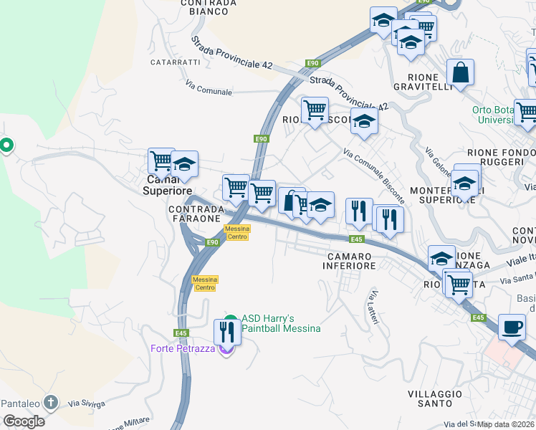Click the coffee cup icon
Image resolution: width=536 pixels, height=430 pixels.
[511, 326]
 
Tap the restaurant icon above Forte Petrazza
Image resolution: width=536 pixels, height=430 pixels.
[226, 331]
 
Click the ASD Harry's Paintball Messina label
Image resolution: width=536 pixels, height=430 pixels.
[280, 323]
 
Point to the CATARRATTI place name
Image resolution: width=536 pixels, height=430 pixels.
[175, 62]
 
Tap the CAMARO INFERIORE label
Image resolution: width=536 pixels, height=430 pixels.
[351, 261]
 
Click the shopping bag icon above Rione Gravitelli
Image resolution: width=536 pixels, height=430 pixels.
[460, 72]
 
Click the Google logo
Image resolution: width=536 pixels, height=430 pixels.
[24, 421]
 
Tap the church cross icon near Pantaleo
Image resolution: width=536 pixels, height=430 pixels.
[50, 402]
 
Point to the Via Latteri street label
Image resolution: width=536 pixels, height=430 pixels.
[373, 307]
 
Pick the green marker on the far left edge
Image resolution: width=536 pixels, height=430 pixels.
[6, 145]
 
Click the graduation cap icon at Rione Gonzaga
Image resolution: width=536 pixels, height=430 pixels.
[441, 257]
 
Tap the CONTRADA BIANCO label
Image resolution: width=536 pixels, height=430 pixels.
[209, 7]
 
